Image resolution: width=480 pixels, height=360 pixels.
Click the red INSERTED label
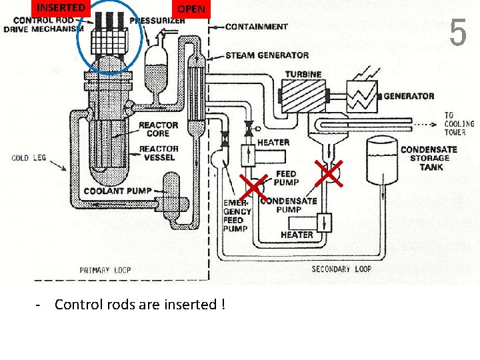pos(61,8)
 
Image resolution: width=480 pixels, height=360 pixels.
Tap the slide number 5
pos(457,33)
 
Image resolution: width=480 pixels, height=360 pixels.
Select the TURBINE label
pos(303,74)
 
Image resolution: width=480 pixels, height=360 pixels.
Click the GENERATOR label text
pos(409,96)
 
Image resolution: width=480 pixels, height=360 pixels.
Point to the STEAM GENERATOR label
pos(267,55)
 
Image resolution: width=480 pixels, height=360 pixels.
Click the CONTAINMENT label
pos(257,27)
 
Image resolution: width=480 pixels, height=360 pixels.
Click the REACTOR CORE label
pos(159,129)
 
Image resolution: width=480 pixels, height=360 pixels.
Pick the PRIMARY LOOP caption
pos(105,270)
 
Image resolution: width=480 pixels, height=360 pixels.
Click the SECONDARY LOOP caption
pos(341,269)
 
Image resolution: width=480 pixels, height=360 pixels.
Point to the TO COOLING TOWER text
pos(459,124)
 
